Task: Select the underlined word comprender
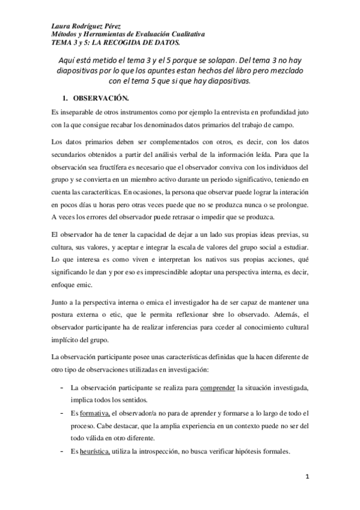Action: (x=218, y=388)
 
